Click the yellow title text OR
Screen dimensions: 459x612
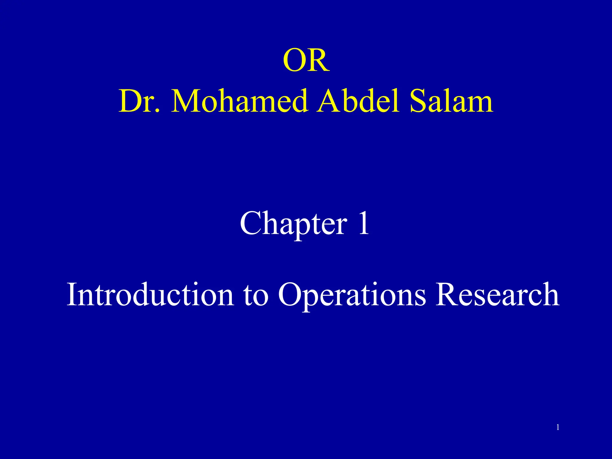(306, 61)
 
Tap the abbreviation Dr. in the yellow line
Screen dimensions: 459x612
(139, 102)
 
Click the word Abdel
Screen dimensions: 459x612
(358, 102)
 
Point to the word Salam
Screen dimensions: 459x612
(451, 102)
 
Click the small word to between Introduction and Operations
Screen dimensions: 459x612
(256, 296)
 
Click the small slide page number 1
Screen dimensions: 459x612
(558, 428)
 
